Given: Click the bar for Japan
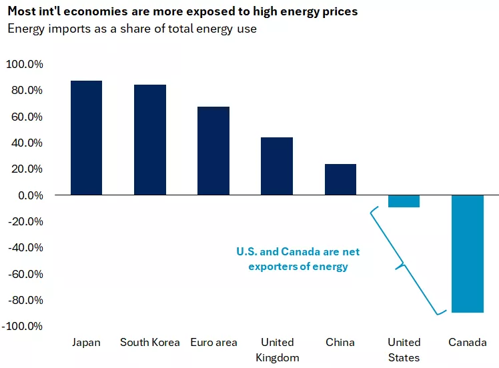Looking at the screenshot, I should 86,138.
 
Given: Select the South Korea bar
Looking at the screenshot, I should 149,140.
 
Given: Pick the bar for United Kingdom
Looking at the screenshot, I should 277,166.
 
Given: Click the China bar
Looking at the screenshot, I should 340,179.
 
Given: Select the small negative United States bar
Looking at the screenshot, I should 404,201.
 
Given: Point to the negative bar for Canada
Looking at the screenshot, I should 467,253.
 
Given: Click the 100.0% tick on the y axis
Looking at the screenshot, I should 25,65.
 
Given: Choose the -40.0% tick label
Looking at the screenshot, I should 25,247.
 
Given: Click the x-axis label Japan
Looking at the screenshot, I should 86,343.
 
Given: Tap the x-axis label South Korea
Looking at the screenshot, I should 149,343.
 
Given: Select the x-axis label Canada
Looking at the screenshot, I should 467,343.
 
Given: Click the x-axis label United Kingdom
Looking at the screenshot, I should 277,350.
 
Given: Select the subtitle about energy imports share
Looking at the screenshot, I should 131,28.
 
